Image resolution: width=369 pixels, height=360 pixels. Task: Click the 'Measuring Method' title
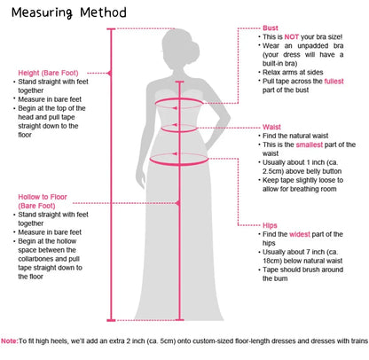[69, 12]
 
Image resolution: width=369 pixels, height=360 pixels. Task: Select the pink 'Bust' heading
[271, 28]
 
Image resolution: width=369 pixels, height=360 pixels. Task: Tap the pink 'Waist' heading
[271, 127]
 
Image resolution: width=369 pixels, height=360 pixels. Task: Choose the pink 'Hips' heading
[270, 225]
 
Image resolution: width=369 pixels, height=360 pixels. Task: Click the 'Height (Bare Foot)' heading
[48, 73]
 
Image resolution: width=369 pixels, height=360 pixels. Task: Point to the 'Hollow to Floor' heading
[43, 197]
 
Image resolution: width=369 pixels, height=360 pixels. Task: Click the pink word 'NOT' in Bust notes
[292, 37]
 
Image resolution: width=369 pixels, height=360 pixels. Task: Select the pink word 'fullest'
[334, 82]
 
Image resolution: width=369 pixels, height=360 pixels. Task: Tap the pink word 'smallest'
[310, 145]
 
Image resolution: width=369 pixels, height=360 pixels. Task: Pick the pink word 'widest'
[300, 234]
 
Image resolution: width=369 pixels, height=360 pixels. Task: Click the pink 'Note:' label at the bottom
[10, 340]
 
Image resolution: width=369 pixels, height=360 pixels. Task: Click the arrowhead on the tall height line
[109, 73]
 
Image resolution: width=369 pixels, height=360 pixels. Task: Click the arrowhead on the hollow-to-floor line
[177, 203]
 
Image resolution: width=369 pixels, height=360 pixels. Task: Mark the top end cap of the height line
[111, 29]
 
